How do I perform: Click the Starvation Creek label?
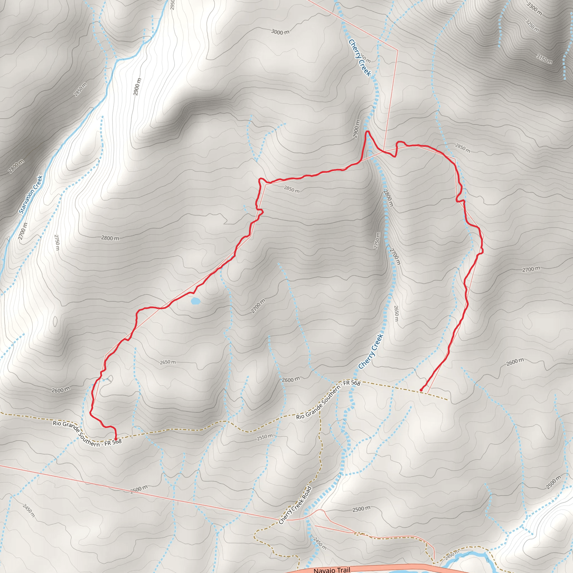pyautogui.click(x=31, y=194)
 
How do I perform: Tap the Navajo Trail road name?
pyautogui.click(x=332, y=569)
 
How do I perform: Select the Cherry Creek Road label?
pyautogui.click(x=295, y=505)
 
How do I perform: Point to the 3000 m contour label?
pyautogui.click(x=280, y=32)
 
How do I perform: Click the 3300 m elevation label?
pyautogui.click(x=534, y=9)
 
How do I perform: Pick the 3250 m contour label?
pyautogui.click(x=532, y=25)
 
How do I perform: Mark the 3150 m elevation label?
pyautogui.click(x=544, y=59)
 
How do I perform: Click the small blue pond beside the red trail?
pyautogui.click(x=196, y=301)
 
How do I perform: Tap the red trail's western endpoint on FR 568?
pyautogui.click(x=116, y=438)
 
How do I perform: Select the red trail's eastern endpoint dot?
pyautogui.click(x=421, y=390)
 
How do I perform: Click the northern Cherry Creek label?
pyautogui.click(x=360, y=58)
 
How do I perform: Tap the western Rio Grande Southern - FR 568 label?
pyautogui.click(x=87, y=433)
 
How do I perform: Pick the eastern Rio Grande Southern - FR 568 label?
pyautogui.click(x=328, y=400)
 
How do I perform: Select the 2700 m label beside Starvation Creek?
pyautogui.click(x=23, y=231)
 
